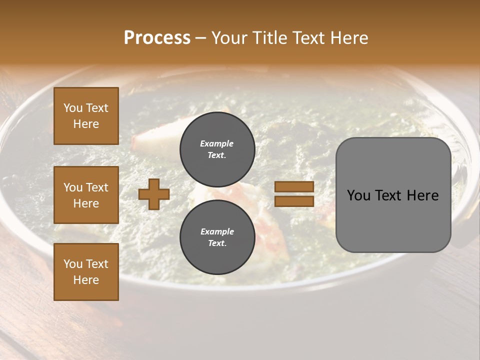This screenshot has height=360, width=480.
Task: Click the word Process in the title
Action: point(157,38)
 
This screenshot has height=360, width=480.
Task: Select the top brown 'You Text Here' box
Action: point(86,116)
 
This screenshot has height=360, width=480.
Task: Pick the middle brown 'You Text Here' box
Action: point(86,195)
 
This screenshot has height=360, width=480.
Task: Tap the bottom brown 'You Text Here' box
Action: point(86,272)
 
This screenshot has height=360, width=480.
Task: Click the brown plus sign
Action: point(154,194)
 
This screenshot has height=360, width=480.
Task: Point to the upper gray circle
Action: point(217,149)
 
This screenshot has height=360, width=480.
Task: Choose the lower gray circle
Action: point(217,237)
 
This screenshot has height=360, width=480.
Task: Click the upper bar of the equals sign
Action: point(294,187)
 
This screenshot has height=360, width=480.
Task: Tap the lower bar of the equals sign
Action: point(294,201)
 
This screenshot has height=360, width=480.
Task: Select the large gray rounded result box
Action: point(393,194)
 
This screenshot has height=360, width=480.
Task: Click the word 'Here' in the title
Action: point(349,38)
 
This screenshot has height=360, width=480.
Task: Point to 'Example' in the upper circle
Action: point(216,143)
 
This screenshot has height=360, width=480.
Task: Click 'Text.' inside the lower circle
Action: point(217,243)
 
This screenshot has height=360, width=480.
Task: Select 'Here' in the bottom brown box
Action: point(86,280)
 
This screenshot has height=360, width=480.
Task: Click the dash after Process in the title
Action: point(201,38)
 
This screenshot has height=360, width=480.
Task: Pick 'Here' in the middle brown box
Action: point(86,203)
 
